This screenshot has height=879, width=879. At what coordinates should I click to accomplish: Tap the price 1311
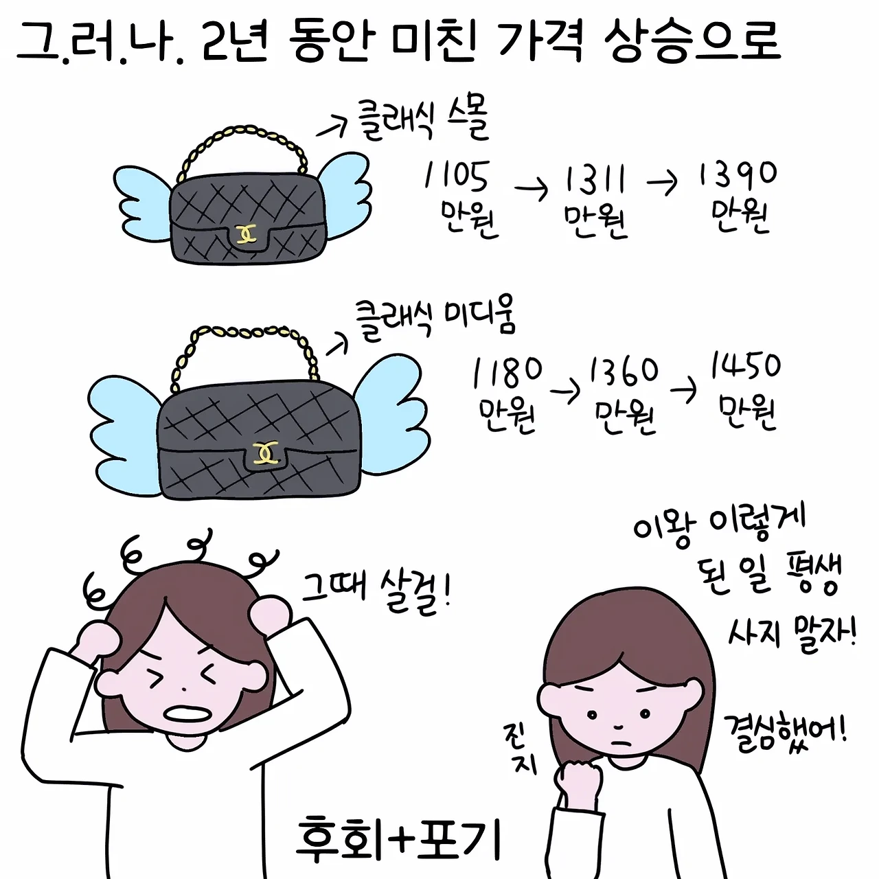tap(595, 179)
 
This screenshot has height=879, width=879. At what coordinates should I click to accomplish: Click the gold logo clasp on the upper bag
tap(247, 233)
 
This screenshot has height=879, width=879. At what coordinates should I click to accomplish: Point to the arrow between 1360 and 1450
tap(683, 391)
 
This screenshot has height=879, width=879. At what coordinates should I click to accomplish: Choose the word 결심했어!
tap(786, 738)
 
